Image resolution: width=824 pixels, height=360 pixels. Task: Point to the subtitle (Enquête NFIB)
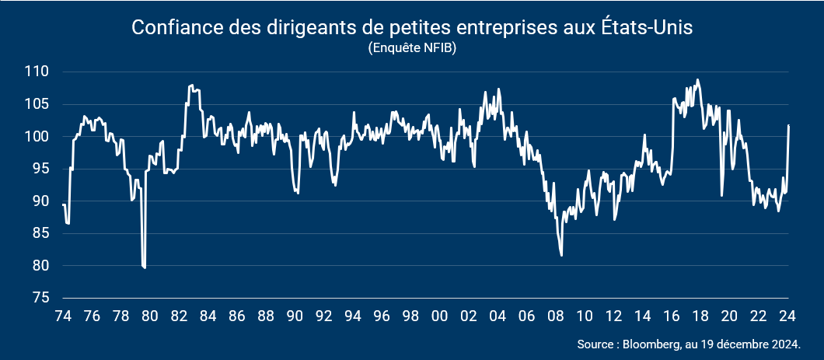point(412,47)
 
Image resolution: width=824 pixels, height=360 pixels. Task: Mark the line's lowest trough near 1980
point(145,267)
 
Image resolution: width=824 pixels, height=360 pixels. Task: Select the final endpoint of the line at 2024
point(789,125)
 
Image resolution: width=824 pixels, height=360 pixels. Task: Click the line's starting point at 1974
point(63,204)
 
